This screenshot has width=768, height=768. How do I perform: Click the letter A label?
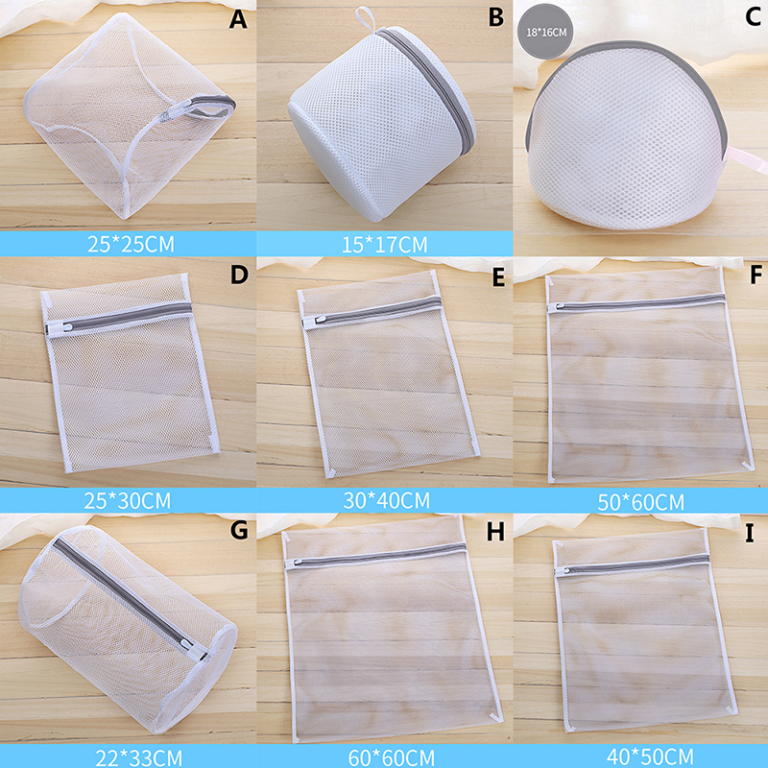point(238,18)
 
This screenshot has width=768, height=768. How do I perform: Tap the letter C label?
point(753,16)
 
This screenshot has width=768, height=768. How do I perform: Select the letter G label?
point(238,530)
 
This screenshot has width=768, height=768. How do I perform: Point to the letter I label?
point(750,533)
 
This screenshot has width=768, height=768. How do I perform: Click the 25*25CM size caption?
point(131,244)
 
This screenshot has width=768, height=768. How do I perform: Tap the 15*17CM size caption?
point(385,245)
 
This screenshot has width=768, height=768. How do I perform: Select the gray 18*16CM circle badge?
point(546,32)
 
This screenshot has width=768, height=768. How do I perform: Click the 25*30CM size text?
point(128,500)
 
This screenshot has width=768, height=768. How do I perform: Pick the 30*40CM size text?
point(387,500)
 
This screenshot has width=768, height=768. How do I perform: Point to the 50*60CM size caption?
point(640,502)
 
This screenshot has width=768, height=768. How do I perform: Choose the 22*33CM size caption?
point(138,758)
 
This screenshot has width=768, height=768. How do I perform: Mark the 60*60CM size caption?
point(392,757)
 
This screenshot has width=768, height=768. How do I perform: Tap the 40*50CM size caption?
point(650,756)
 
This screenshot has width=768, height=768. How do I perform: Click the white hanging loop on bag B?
point(366,19)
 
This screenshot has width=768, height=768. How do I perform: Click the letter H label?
point(495,532)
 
